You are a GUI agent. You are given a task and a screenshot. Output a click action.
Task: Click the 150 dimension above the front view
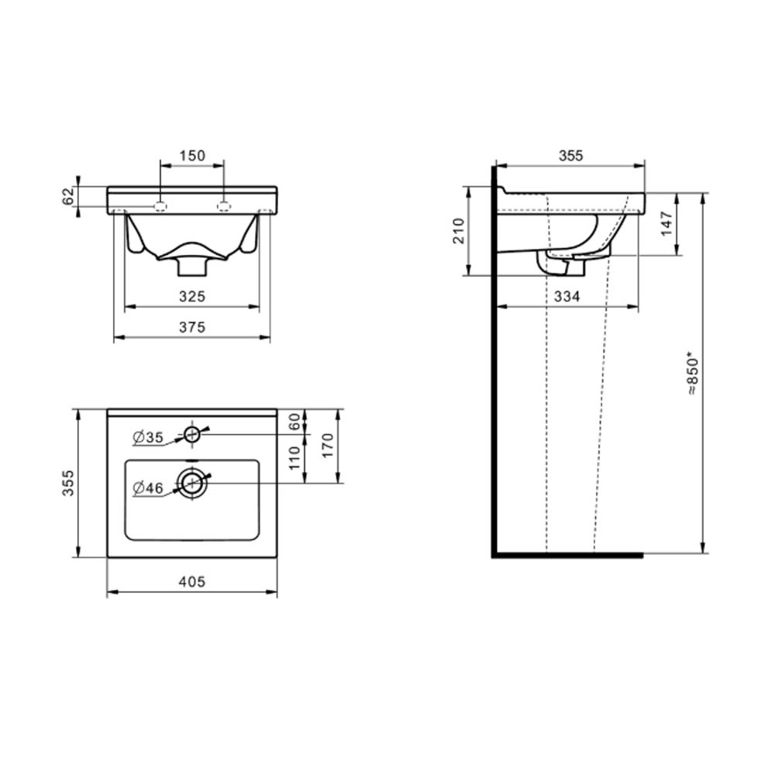(191, 156)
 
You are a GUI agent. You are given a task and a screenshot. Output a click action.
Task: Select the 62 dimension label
(69, 196)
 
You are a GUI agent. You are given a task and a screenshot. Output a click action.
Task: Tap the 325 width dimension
(191, 297)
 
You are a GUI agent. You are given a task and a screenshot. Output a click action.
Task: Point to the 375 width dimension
(191, 327)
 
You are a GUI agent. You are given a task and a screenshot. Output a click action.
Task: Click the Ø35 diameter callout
(148, 437)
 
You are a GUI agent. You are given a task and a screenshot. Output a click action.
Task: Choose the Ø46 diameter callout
(148, 488)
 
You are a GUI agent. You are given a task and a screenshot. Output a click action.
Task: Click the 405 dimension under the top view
(191, 582)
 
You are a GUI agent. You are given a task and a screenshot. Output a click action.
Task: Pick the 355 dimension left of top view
(68, 483)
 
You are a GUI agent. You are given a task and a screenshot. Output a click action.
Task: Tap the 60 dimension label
(294, 422)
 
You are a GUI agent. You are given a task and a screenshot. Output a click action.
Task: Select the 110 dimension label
(294, 458)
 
